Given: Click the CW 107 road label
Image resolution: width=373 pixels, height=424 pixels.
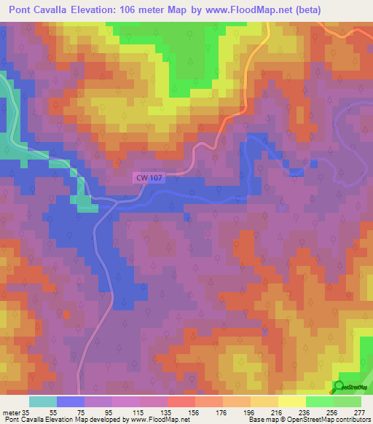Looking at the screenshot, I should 147,177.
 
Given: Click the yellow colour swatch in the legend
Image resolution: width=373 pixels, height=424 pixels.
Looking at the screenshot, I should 291,401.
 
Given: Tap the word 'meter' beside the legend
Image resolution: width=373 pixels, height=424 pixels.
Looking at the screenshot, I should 12,412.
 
